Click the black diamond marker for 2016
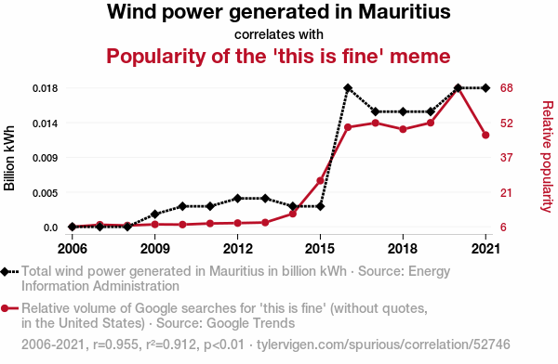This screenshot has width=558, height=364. point(348,88)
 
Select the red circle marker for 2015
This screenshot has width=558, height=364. point(320,181)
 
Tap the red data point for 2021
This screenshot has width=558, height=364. point(485,135)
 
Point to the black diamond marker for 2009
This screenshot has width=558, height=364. point(154,214)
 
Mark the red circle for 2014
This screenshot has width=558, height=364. point(293,214)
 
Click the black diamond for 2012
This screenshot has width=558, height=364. point(238,199)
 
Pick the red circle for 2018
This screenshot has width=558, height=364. point(403,129)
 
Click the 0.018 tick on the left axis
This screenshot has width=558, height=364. point(46,88)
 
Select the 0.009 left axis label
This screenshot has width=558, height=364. point(46,158)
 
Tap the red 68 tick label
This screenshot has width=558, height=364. point(507,88)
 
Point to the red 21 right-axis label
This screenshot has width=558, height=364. point(506,193)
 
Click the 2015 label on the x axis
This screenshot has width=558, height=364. point(320,249)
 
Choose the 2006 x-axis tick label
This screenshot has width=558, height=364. point(73,249)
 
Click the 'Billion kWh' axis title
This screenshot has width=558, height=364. point(9,158)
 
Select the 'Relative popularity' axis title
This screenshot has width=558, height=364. point(548,157)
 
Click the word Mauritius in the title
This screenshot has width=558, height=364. point(405,11)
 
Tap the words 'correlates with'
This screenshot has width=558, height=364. point(279,34)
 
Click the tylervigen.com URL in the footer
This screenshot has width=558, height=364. point(383,344)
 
